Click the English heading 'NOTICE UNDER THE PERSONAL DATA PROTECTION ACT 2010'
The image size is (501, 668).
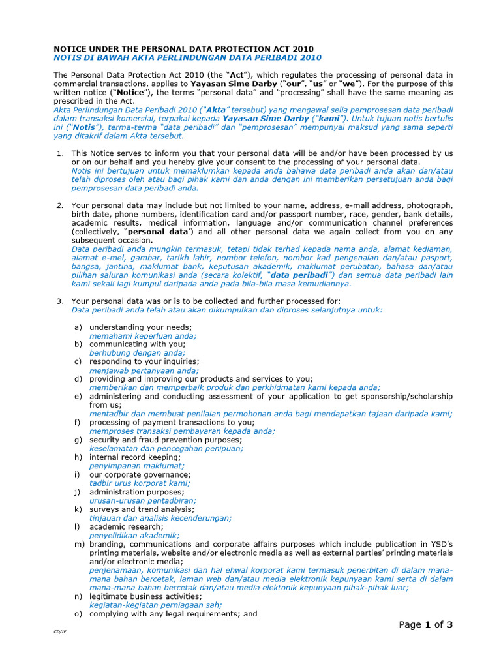click(x=183, y=48)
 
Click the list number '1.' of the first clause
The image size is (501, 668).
click(x=59, y=153)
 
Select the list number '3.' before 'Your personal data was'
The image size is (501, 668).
click(x=59, y=301)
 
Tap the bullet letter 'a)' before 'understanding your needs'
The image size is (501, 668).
click(x=78, y=327)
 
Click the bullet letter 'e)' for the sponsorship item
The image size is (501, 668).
click(x=78, y=395)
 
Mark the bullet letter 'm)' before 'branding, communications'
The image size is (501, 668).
click(x=80, y=544)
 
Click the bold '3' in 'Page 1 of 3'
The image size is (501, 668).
click(x=449, y=624)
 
